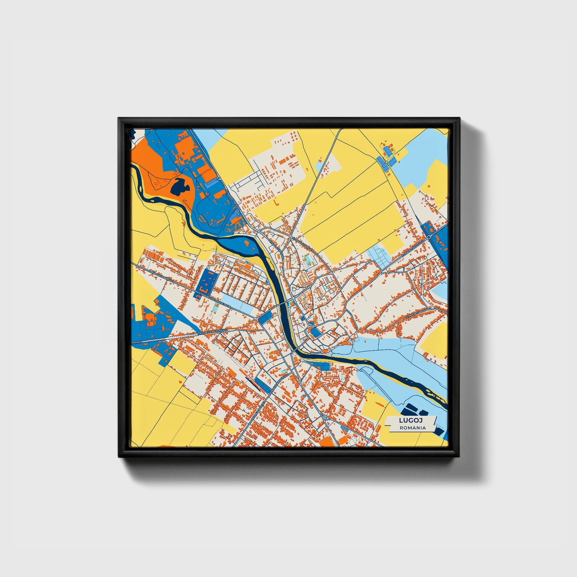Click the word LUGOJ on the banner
[411, 420]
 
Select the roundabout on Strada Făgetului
[428, 237]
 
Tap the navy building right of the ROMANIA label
[438, 430]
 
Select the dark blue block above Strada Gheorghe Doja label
[206, 282]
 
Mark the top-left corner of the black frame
[119, 119]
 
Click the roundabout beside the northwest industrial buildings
[219, 178]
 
